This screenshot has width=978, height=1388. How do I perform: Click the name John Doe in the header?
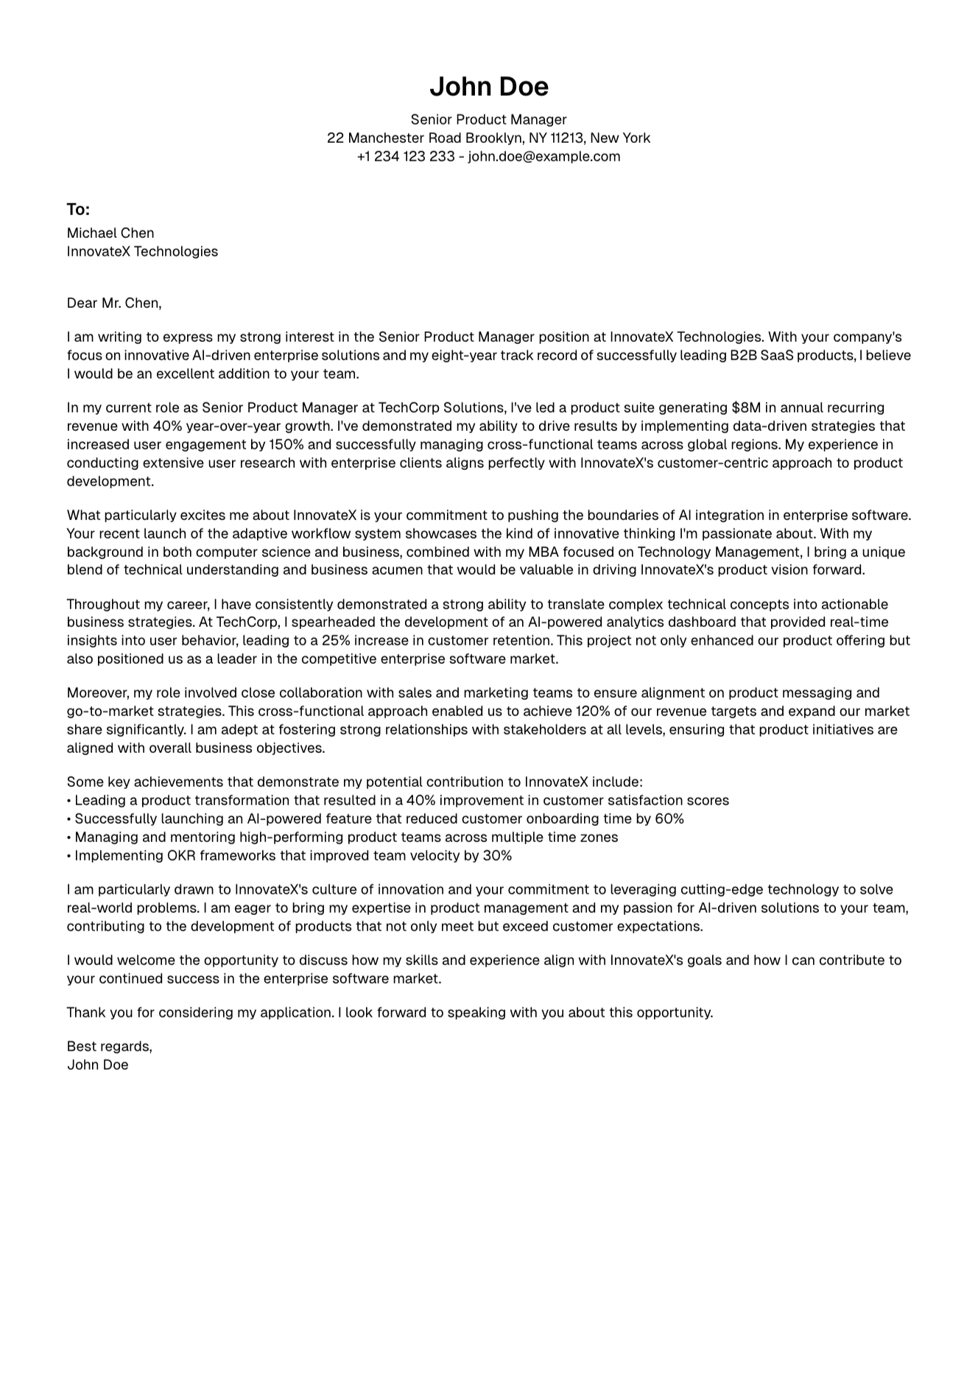click(x=488, y=87)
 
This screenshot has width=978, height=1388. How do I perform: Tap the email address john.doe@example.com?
click(x=544, y=156)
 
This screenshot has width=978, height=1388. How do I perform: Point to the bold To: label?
click(x=78, y=210)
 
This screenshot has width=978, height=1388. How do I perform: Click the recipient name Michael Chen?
click(x=110, y=233)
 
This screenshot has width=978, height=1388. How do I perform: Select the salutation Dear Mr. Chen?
click(x=114, y=303)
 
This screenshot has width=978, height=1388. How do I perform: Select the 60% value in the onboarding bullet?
click(x=669, y=819)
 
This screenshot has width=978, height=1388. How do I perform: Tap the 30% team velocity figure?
click(x=497, y=855)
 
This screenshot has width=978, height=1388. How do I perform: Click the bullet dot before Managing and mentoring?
click(x=69, y=838)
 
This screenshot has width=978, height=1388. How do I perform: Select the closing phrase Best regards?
click(x=109, y=1046)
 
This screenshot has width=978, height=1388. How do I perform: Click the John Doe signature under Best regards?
click(x=97, y=1065)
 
